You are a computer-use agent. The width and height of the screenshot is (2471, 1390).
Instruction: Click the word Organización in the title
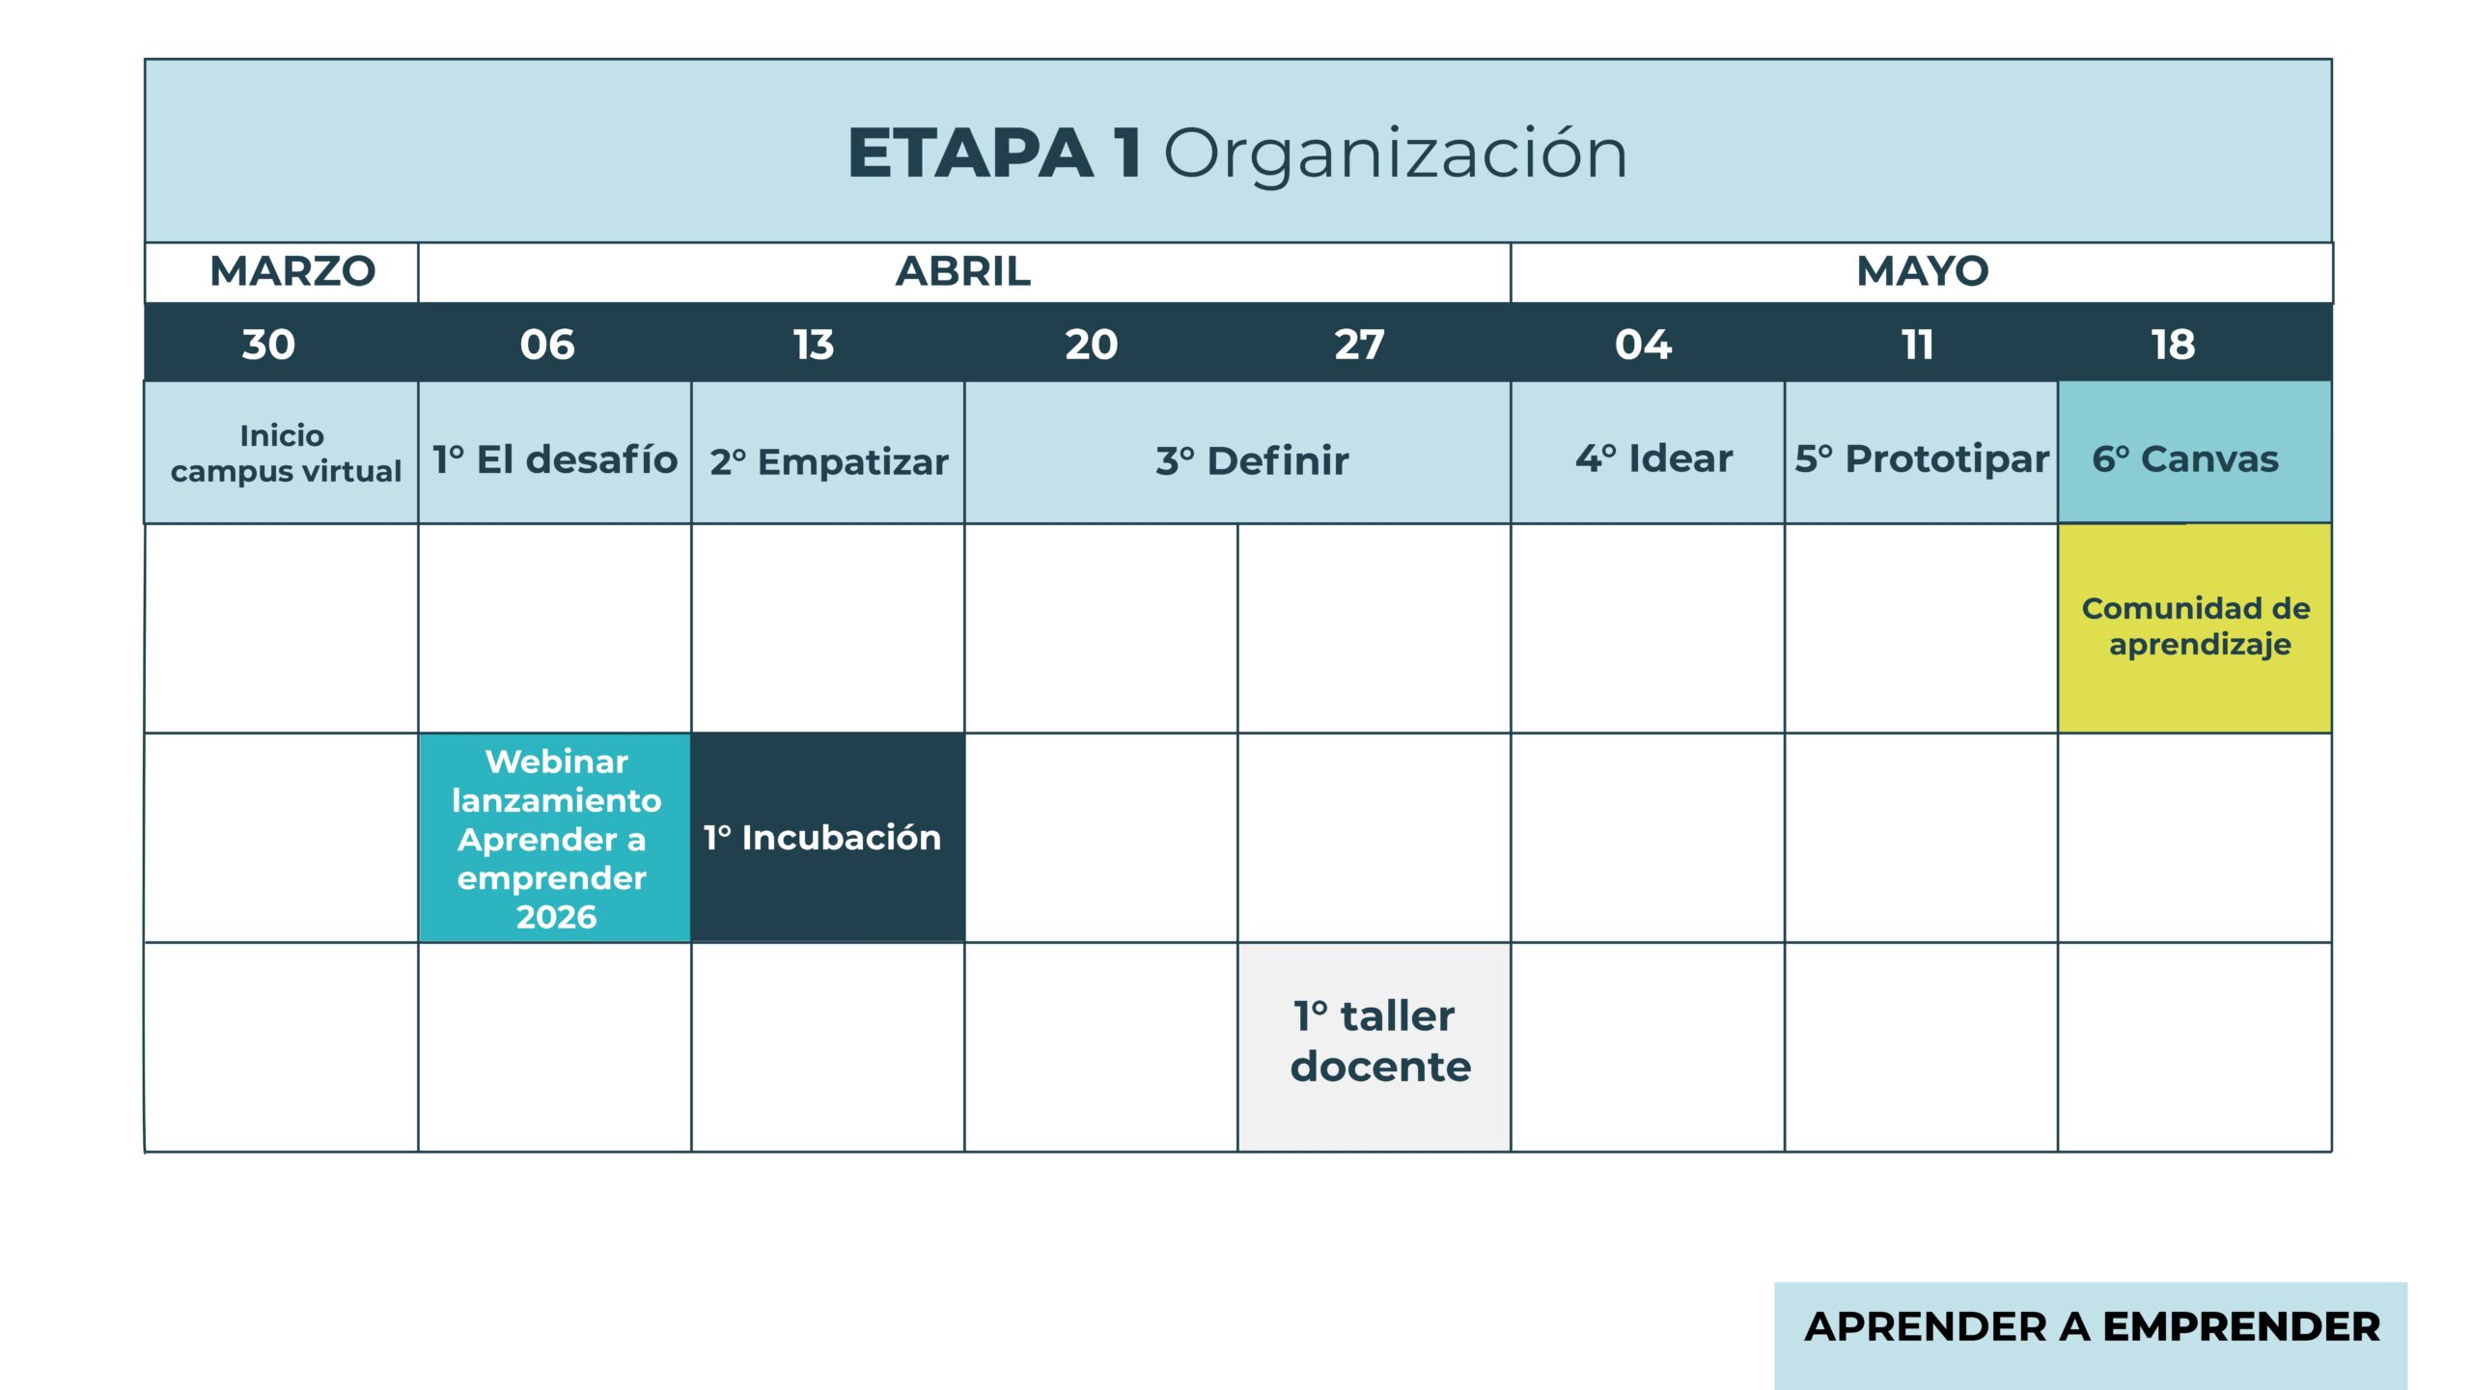tap(1396, 155)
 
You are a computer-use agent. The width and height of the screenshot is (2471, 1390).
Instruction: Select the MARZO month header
tap(292, 271)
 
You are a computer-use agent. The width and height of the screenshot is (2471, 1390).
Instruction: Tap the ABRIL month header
tap(963, 271)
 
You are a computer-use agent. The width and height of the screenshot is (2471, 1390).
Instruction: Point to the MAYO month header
tap(1923, 271)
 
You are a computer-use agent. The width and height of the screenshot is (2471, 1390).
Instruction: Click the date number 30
tap(268, 345)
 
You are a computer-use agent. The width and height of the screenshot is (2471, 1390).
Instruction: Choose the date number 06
tap(547, 345)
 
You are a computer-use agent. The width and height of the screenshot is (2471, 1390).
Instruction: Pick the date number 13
tap(814, 345)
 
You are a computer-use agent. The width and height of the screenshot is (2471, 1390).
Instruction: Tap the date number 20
tap(1092, 345)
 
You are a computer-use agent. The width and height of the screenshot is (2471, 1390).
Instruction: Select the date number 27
tap(1359, 345)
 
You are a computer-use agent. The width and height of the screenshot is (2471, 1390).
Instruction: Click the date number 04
tap(1644, 345)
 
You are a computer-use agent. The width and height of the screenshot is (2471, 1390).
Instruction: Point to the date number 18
tap(2174, 345)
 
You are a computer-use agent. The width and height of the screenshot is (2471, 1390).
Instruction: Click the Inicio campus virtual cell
tap(282, 453)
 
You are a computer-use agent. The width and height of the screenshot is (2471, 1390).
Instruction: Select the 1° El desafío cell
tap(555, 453)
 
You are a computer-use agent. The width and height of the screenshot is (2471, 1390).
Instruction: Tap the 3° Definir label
tap(1252, 461)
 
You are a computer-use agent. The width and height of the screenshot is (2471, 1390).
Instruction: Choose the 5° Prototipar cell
tap(1921, 453)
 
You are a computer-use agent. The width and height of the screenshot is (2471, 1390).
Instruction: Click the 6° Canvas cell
tap(2195, 453)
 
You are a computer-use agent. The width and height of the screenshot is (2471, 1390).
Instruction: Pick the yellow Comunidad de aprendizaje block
tap(2195, 628)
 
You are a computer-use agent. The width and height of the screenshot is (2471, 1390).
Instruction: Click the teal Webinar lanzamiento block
tap(555, 838)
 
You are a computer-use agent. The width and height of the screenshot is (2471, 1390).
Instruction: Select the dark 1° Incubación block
tap(828, 838)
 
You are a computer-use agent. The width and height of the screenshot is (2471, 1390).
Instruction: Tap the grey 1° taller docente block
tap(1374, 1047)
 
